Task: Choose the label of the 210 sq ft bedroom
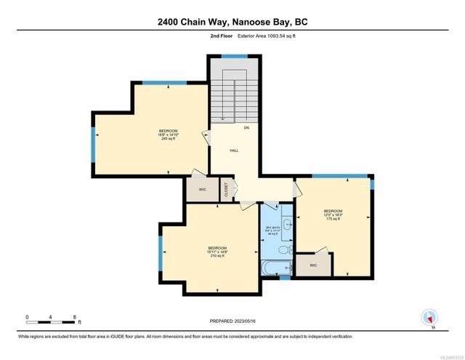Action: point(218,252)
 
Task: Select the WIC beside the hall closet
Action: point(202,189)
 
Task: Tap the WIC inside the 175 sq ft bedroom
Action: point(313,265)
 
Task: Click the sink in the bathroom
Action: point(287,223)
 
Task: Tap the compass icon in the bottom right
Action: point(430,317)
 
